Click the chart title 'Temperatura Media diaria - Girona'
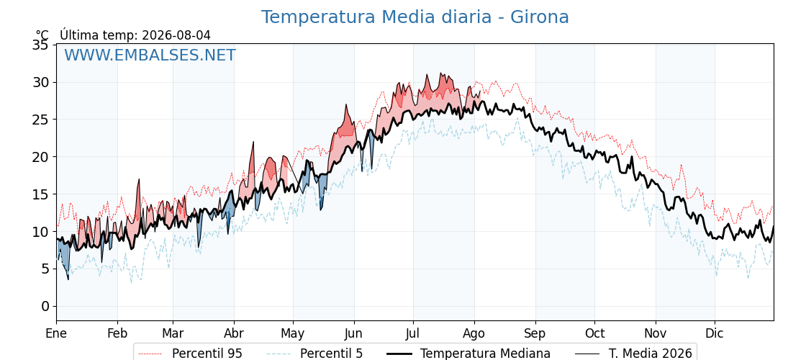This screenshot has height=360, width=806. (x=415, y=17)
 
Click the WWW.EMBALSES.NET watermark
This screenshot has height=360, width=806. (x=150, y=55)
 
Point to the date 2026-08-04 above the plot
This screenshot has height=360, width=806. (x=176, y=35)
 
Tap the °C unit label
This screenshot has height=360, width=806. (x=42, y=35)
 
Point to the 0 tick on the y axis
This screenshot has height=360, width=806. (x=45, y=306)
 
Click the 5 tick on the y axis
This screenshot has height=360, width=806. (x=45, y=269)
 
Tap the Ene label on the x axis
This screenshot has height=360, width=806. (x=56, y=334)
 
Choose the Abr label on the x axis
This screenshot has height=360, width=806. (x=234, y=334)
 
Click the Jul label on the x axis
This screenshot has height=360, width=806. (x=413, y=334)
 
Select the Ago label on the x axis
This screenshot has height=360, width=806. (x=474, y=334)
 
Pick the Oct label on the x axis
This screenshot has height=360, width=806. (x=594, y=334)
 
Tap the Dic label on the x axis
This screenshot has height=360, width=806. (x=715, y=334)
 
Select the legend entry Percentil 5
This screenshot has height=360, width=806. (x=314, y=354)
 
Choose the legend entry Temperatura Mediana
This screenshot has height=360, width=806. (x=468, y=354)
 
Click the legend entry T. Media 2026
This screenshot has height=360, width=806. (x=633, y=354)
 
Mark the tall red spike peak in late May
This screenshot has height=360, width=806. (x=346, y=105)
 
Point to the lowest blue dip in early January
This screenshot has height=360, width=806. (x=68, y=279)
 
